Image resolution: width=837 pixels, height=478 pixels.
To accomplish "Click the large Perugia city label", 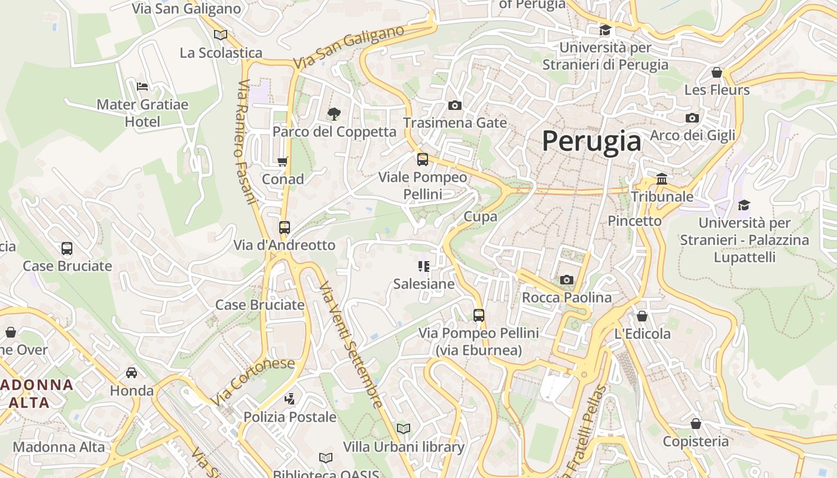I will coord(591,142).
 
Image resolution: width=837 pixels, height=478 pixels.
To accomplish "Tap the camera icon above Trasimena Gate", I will coord(455,106).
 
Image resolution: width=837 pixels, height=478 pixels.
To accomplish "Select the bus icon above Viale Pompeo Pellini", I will coord(423,160).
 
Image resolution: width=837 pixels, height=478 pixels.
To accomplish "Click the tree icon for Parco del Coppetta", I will coord(334,113).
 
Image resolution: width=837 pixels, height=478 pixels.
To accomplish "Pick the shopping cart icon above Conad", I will coord(283,161).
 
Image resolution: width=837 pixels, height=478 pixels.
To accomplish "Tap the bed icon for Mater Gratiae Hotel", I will coord(142,87).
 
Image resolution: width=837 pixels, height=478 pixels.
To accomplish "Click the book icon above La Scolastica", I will coord(221,35).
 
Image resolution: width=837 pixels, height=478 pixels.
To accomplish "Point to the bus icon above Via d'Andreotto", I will coord(285,228).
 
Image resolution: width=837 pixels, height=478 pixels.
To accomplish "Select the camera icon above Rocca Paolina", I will coord(566,280).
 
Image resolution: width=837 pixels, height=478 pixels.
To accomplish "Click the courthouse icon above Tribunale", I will coord(662,179).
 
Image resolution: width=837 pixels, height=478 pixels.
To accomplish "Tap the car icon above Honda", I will coord(132,373).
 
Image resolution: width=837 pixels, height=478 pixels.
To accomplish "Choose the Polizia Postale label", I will coord(290,417).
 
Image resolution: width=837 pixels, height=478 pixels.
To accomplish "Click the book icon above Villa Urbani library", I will coord(404,428).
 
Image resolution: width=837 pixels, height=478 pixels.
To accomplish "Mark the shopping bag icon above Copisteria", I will coord(695,424).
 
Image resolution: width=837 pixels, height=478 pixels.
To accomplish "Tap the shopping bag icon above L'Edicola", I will coord(642,315).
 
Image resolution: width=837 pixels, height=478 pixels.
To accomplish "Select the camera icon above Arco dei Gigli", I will coord(692,118).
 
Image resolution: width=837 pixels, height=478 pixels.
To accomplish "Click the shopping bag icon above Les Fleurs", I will coord(717,72).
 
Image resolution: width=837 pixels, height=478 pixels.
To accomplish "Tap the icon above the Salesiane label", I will coord(424,266).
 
